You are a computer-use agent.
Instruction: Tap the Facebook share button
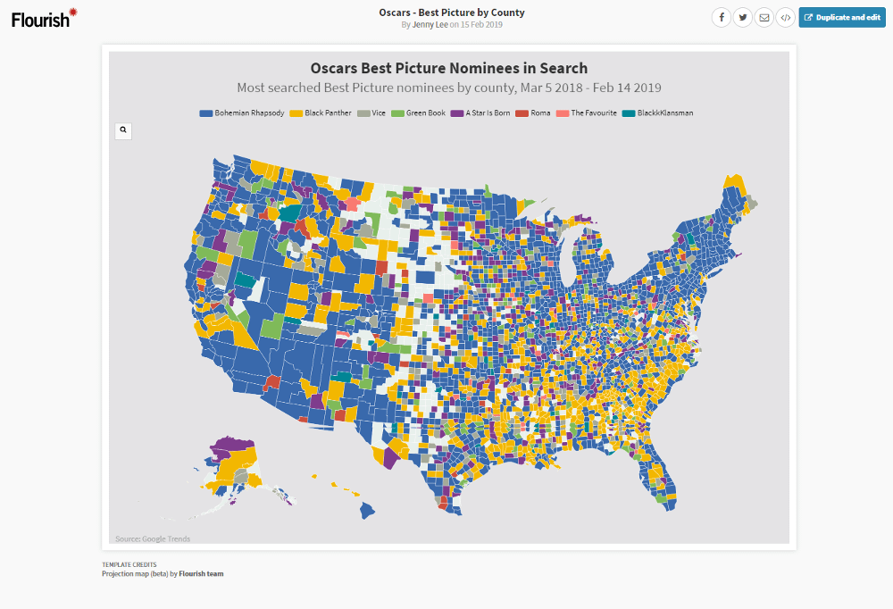coord(721,17)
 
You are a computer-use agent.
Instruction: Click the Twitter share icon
coord(742,17)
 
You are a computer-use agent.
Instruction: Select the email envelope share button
coord(764,17)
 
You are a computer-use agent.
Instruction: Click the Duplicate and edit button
coord(842,17)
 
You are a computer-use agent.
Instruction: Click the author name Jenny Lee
coord(430,25)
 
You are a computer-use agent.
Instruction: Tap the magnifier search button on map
coord(123,130)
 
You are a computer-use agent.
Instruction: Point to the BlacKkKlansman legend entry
coord(658,113)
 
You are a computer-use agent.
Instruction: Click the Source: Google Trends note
coord(153,538)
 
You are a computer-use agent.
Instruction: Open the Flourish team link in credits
coord(201,573)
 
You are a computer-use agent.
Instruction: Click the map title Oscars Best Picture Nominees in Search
coord(448,68)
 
